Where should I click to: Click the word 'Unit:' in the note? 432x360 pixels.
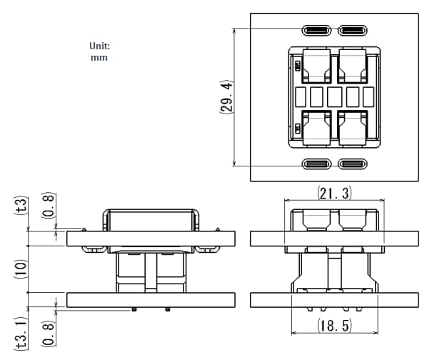pos(99,46)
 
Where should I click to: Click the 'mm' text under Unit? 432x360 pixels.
pos(99,57)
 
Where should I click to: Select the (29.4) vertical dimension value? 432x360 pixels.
pos(225,97)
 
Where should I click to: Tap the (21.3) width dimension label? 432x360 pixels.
pos(334,193)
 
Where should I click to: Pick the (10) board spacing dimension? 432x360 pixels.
pos(21,269)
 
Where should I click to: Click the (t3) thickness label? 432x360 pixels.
pos(21,206)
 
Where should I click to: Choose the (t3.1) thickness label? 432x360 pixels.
pos(21,334)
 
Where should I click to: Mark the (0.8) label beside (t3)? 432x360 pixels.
pos(48,206)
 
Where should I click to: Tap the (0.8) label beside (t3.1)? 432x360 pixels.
pos(48,334)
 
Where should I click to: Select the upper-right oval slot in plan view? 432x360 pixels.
pos(352,31)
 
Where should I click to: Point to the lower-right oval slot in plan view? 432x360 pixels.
pos(352,164)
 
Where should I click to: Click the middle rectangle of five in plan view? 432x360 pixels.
pos(334,96)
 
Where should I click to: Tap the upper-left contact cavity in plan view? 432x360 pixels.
pos(316,65)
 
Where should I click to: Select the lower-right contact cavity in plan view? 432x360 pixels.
pos(352,129)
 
